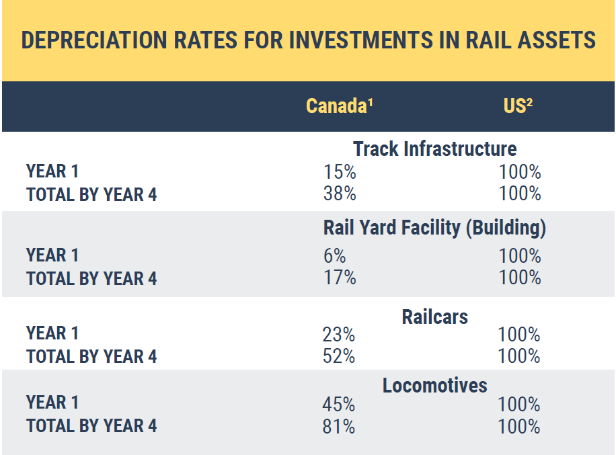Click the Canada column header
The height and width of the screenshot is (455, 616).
(x=340, y=106)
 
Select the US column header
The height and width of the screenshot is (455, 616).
(x=518, y=106)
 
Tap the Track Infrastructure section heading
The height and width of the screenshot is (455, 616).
(x=434, y=149)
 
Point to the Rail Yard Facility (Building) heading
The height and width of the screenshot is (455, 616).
(x=434, y=229)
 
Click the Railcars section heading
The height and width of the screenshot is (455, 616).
(x=434, y=317)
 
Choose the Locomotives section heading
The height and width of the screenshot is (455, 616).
(x=434, y=386)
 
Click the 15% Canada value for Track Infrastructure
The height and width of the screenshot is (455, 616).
(x=340, y=172)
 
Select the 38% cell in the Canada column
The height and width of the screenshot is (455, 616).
(x=340, y=194)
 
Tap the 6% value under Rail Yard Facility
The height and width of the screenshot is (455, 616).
(x=334, y=256)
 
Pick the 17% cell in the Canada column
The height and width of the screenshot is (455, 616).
(x=340, y=278)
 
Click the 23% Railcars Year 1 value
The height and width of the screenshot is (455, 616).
(x=339, y=335)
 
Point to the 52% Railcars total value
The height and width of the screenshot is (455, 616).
(x=339, y=356)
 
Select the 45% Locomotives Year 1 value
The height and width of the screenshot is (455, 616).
(x=339, y=405)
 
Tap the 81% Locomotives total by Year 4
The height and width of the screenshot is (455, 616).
(x=339, y=427)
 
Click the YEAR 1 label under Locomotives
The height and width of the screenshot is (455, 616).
(x=52, y=403)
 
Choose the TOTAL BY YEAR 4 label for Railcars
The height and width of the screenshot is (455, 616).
(x=91, y=357)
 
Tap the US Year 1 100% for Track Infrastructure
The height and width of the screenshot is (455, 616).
(x=520, y=172)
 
